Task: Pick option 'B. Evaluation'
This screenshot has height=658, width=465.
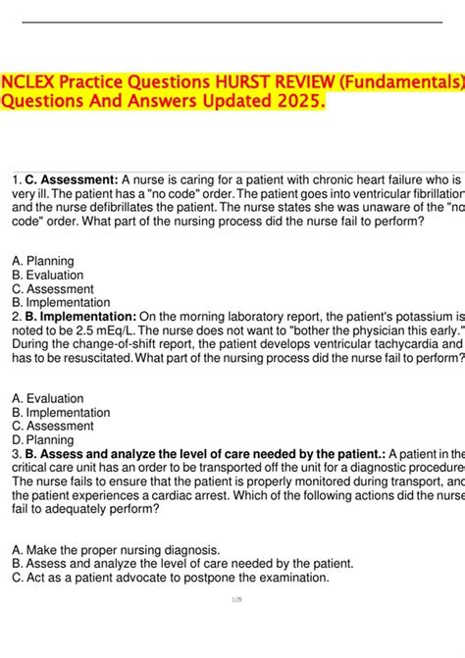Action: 48,276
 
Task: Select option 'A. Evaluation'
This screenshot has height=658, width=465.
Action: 48,399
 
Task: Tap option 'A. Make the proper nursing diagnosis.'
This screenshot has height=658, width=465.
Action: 116,549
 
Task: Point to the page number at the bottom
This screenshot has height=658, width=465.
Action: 232,627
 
